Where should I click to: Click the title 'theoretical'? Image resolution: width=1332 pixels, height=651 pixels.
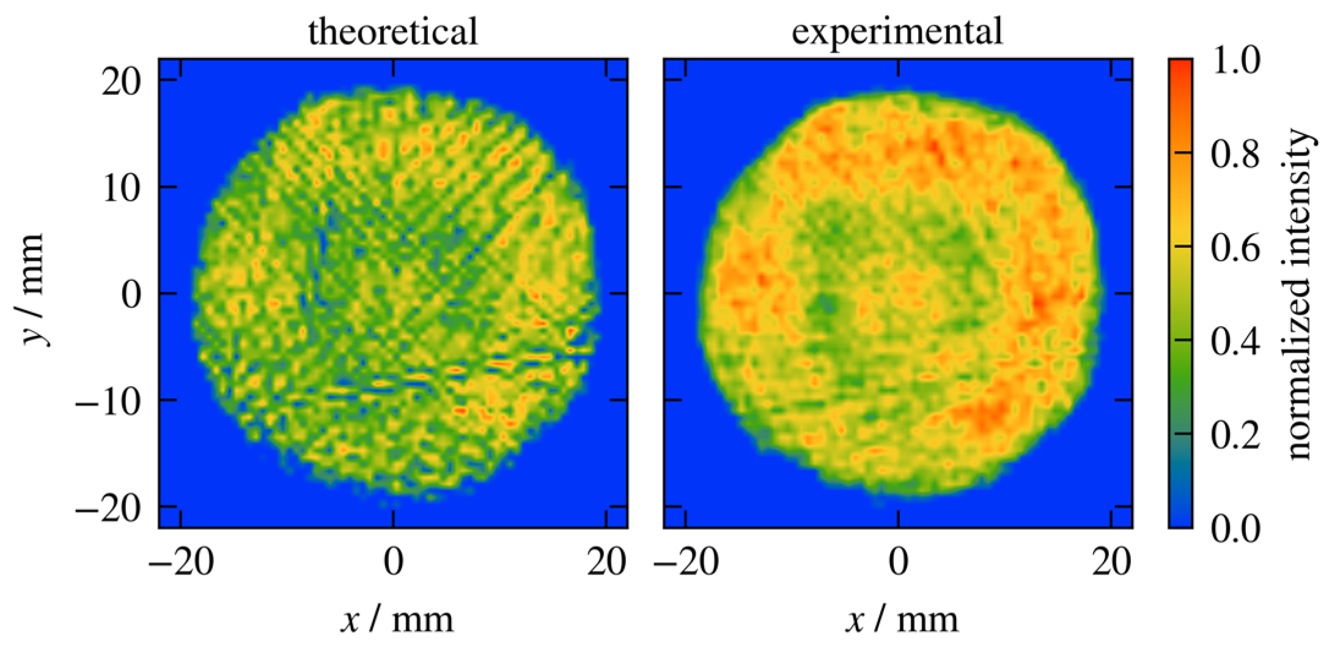[x=392, y=32]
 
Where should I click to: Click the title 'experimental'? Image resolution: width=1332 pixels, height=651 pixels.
[x=897, y=32]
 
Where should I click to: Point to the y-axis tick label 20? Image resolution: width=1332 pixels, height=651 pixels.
[x=122, y=81]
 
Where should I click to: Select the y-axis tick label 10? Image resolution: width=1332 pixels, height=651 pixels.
[x=122, y=188]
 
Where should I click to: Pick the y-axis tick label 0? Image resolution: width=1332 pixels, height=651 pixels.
[x=131, y=295]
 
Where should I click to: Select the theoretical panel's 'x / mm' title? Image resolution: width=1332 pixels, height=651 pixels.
[x=397, y=620]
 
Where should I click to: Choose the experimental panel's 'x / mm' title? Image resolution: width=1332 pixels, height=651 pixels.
[x=902, y=620]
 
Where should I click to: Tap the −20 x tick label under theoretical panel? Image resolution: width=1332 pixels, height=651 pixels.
[x=182, y=562]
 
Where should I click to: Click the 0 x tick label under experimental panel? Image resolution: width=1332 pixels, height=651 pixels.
[x=898, y=562]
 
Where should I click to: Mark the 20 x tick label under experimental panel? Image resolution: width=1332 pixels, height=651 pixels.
[x=1111, y=562]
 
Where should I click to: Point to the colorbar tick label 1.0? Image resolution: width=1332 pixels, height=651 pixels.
[x=1235, y=61]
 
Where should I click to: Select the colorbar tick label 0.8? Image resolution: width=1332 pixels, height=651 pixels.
[x=1235, y=154]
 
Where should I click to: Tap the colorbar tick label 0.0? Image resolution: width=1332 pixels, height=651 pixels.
[x=1235, y=527]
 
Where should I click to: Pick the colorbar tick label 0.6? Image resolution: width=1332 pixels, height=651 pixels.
[x=1235, y=248]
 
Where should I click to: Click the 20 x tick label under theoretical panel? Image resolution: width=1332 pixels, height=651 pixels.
[x=606, y=562]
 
